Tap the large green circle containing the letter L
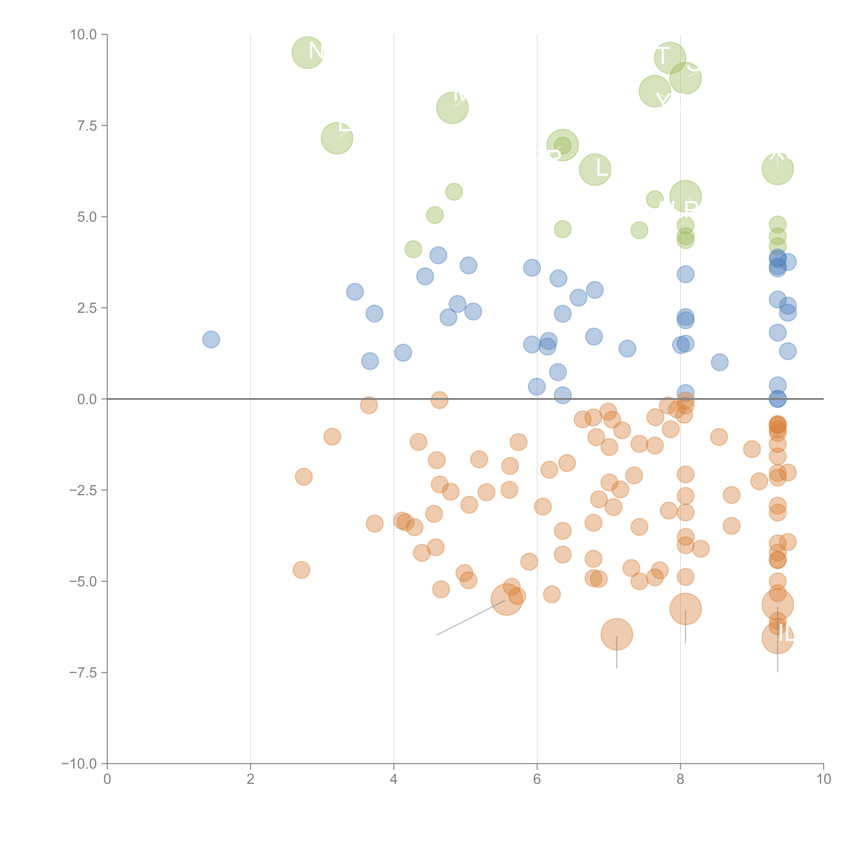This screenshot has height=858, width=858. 595,169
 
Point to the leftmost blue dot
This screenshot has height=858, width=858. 211,340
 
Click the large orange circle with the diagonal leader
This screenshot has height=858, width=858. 506,600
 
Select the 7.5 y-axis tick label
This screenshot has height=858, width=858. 87,126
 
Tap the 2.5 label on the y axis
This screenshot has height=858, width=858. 87,308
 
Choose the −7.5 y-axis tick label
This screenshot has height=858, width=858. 84,672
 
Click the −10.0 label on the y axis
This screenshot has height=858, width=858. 80,764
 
